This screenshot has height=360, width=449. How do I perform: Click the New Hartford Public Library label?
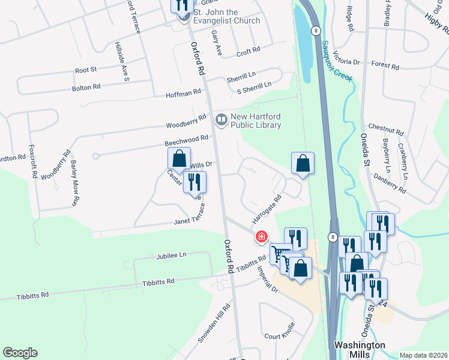tap(256, 121)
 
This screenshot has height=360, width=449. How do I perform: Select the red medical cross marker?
tap(261, 237)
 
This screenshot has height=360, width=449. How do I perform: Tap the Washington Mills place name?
tap(360, 350)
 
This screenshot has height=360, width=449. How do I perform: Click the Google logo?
tap(20, 353)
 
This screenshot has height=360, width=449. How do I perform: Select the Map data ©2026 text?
tap(423, 355)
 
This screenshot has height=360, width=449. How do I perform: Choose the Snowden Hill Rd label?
tap(215, 325)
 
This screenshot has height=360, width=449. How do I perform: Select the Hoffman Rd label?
tap(183, 94)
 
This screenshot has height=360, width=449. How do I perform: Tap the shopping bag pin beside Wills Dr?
tap(179, 159)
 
